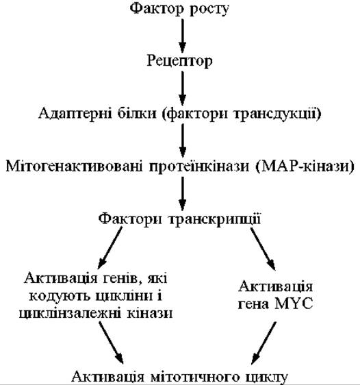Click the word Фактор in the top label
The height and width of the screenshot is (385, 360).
click(157, 9)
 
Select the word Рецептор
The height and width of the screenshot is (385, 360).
click(179, 61)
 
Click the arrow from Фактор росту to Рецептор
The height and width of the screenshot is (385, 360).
click(182, 36)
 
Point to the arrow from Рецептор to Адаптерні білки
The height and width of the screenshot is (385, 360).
click(182, 88)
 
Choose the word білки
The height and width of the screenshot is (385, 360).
click(137, 114)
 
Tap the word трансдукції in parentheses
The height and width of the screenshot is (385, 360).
click(278, 114)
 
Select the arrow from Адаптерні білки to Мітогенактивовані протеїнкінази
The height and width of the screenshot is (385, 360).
click(182, 140)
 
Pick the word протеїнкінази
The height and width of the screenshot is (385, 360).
click(199, 166)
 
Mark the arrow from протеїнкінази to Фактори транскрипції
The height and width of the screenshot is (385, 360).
click(182, 194)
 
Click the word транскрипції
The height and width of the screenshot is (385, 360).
click(215, 219)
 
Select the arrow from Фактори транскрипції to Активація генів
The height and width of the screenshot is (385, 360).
click(110, 248)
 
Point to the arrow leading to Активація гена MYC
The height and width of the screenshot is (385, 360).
click(263, 249)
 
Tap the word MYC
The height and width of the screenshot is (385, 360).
click(294, 303)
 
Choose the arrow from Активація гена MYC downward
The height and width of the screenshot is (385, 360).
click(263, 343)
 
